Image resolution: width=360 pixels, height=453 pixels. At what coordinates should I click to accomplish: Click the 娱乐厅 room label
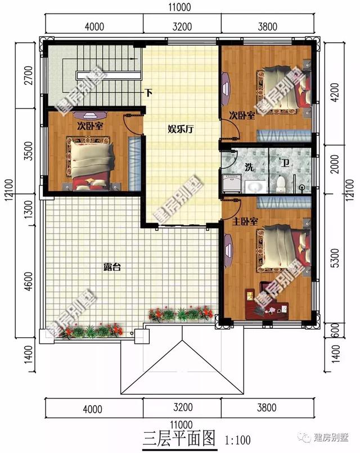click(181, 129)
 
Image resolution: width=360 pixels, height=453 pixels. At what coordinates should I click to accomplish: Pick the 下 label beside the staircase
click(148, 93)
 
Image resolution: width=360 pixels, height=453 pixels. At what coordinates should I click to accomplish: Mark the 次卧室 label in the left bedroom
click(90, 125)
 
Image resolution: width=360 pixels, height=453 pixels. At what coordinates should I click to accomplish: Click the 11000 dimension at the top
click(179, 7)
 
